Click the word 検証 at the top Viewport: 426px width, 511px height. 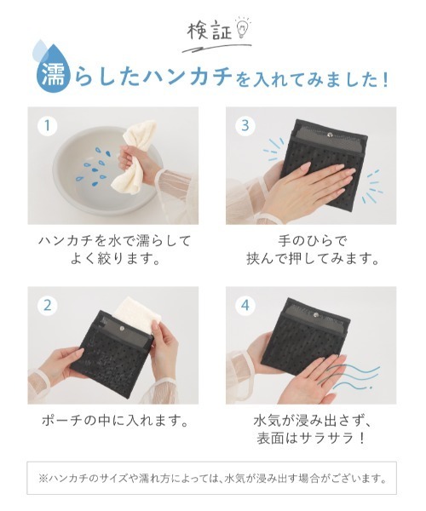pos(210,32)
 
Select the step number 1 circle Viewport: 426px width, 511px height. pos(47,125)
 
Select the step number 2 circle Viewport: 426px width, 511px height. pos(47,306)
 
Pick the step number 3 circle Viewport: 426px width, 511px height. pos(245,125)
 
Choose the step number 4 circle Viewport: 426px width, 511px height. pos(245,306)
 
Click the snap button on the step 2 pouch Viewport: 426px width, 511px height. pos(122,328)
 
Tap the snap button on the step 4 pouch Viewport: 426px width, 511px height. pos(315,314)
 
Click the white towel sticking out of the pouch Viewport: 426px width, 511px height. pos(137,313)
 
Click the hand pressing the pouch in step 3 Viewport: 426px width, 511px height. pos(314,183)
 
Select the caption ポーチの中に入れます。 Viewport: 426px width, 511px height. pos(115,421)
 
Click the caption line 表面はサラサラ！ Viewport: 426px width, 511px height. pos(310,439)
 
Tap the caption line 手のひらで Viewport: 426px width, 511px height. pos(311,241)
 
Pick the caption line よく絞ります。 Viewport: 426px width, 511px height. pos(115,259)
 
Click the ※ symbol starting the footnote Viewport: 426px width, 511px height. pos(43,479)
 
